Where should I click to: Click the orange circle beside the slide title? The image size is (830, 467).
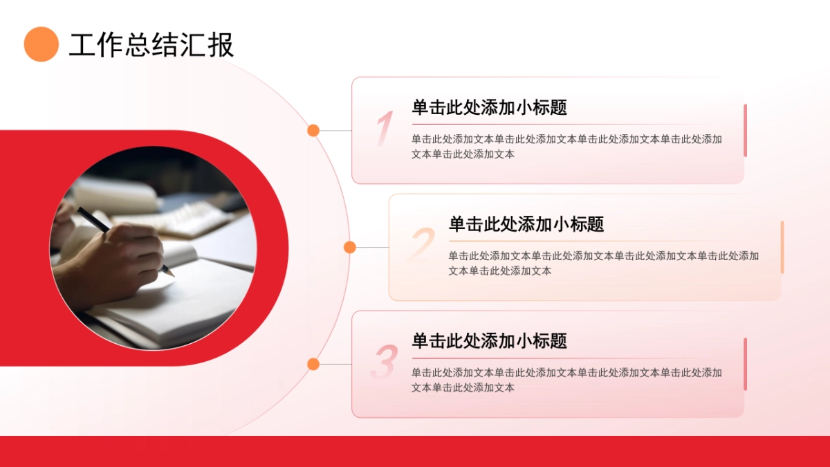click(x=41, y=44)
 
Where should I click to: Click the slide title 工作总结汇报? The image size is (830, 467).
click(x=151, y=45)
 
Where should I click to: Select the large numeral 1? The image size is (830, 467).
click(x=384, y=129)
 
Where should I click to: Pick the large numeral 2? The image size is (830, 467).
click(x=422, y=245)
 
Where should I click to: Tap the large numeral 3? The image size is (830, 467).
click(x=384, y=362)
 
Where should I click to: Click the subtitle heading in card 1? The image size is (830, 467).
click(x=489, y=107)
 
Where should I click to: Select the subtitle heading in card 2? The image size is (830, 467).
click(x=526, y=224)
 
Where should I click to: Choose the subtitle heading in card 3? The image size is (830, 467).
click(x=489, y=340)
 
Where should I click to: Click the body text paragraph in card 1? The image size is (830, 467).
click(x=566, y=147)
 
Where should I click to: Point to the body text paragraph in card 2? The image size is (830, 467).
click(x=603, y=263)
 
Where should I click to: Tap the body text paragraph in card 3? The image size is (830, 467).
click(x=566, y=380)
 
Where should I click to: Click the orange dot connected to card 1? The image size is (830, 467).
click(x=313, y=130)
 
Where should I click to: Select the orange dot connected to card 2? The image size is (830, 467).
click(x=350, y=247)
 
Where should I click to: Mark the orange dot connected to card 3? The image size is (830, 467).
click(x=313, y=364)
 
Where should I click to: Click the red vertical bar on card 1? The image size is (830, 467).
click(x=745, y=130)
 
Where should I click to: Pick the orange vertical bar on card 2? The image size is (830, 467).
click(x=782, y=247)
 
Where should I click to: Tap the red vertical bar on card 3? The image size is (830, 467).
click(x=745, y=364)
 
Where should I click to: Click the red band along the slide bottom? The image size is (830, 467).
click(x=415, y=451)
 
